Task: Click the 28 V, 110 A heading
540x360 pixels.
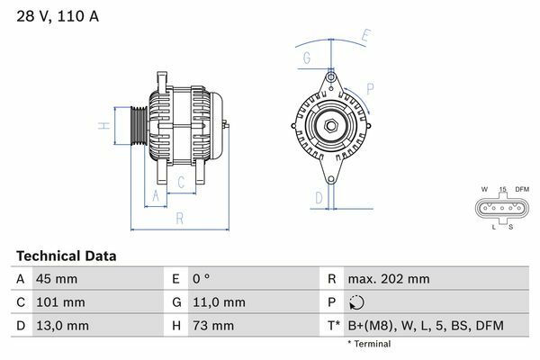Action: [58, 16]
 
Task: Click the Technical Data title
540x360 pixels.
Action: [66, 256]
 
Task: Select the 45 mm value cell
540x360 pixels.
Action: [57, 279]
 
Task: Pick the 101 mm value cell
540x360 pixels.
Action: [60, 302]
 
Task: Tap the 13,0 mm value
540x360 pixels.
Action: [62, 326]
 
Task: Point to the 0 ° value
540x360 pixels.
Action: [201, 279]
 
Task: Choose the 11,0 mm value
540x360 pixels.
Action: [219, 302]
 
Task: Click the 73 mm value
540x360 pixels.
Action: [213, 326]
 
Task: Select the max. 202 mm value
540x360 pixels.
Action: [389, 279]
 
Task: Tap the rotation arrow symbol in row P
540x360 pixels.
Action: [356, 302]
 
